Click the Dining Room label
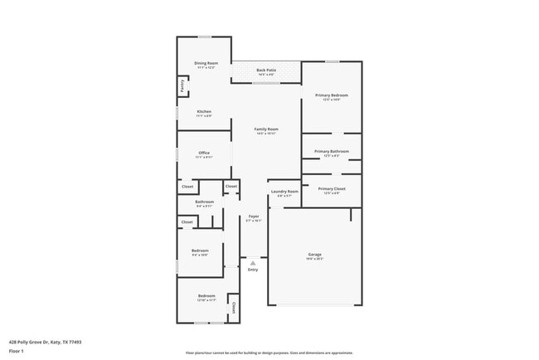point(206,64)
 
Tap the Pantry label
point(182,85)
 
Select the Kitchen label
point(204,112)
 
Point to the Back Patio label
point(266,71)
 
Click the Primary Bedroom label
point(331,96)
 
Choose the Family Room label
point(265,129)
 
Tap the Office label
point(204,153)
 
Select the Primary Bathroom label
point(331,152)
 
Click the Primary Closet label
point(331,189)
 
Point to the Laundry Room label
point(284,192)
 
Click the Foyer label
point(254,216)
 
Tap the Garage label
point(315,255)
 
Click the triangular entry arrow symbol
point(253,263)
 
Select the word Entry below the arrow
point(253,270)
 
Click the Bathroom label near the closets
point(204,202)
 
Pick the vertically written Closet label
point(233,308)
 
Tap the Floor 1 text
point(17,351)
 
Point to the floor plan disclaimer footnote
point(269,353)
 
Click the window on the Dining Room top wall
point(203,36)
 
